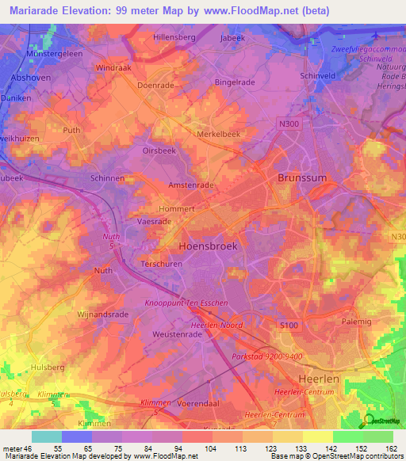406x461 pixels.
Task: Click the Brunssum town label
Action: pos(301,179)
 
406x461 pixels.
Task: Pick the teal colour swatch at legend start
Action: pos(47,436)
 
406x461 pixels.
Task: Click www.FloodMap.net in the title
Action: pos(235,10)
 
